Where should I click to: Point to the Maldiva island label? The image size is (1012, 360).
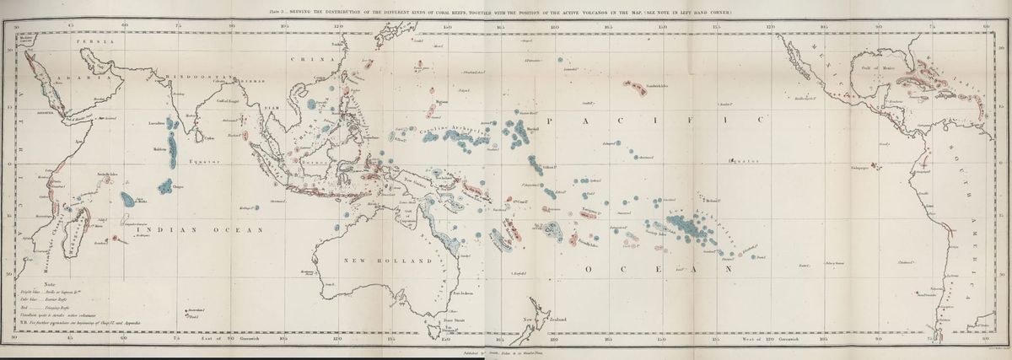(160, 149)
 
